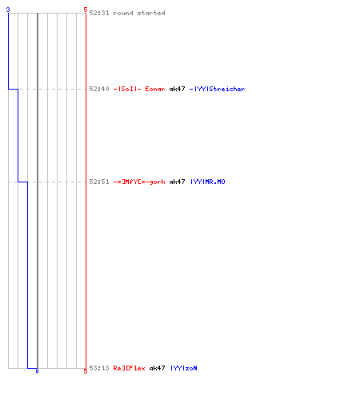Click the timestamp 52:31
point(99,13)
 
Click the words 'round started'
point(139,13)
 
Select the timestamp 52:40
point(99,89)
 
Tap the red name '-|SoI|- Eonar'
point(139,89)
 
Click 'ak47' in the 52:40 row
point(177,89)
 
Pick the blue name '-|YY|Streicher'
point(217,89)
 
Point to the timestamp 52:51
point(99,182)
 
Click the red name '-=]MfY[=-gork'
point(139,182)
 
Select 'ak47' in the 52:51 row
point(177,182)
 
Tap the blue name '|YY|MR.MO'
point(208,182)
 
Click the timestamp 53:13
point(99,368)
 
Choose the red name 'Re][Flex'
point(129,368)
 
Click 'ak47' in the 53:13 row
point(157,368)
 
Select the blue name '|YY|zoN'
point(184,368)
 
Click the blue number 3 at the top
point(8,10)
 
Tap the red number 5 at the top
point(86,10)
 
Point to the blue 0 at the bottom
point(37,371)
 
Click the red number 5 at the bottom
point(86,371)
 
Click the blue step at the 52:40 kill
point(13,89)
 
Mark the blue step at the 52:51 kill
point(22,182)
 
